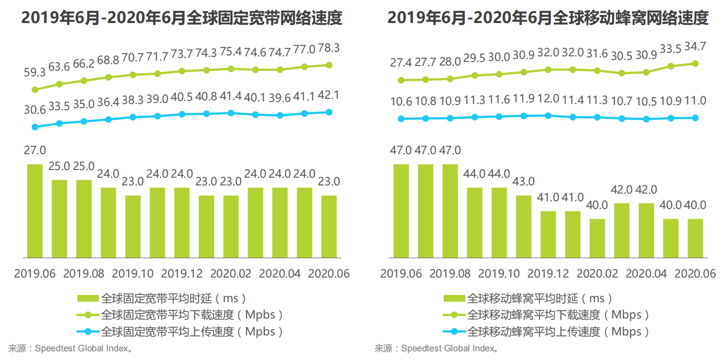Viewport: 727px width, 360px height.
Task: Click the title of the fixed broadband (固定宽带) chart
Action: pyautogui.click(x=182, y=18)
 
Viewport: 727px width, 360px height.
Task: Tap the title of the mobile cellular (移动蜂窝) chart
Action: pyautogui.click(x=548, y=18)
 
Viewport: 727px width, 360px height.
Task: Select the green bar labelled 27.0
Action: pyautogui.click(x=35, y=210)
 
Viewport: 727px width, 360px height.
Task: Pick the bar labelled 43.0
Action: pyautogui.click(x=524, y=226)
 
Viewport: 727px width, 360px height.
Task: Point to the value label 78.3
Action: pyautogui.click(x=329, y=48)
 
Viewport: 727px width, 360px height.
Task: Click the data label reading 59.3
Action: pyautogui.click(x=35, y=73)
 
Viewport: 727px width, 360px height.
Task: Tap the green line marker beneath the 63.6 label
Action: pyautogui.click(x=59, y=84)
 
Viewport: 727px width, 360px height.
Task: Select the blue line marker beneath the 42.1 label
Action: pyautogui.click(x=329, y=112)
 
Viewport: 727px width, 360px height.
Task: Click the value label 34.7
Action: pyautogui.click(x=695, y=47)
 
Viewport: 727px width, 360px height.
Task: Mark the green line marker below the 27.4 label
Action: pyautogui.click(x=401, y=80)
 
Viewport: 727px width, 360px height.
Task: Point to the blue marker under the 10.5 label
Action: pyautogui.click(x=646, y=119)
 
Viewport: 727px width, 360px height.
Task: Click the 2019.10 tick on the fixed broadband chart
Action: pyautogui.click(x=133, y=273)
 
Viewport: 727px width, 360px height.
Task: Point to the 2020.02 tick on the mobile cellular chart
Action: pyautogui.click(x=597, y=273)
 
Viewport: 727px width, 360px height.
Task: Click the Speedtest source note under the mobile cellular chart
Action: pyautogui.click(x=436, y=349)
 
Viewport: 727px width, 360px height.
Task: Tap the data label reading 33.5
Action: pyautogui.click(x=671, y=49)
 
